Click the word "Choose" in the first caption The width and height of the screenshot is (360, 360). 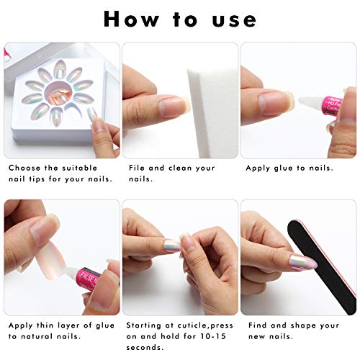24,168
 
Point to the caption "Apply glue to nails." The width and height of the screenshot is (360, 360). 289,168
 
